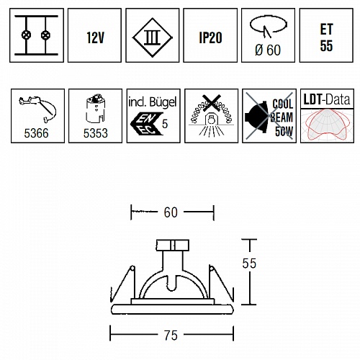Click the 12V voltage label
(x=95, y=37)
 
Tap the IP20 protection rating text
(x=210, y=37)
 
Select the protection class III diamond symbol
(x=153, y=37)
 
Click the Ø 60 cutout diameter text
(x=268, y=50)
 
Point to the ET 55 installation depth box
(x=326, y=35)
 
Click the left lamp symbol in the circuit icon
(x=26, y=35)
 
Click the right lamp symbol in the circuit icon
(x=45, y=35)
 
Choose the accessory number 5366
(x=36, y=133)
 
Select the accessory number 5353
(x=95, y=133)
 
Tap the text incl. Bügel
(x=153, y=102)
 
